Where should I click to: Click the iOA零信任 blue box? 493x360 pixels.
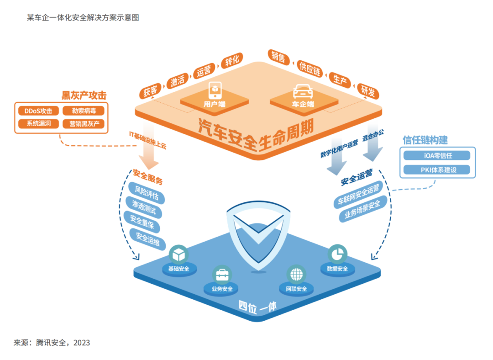click(437, 156)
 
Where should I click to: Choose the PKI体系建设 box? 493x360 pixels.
click(437, 170)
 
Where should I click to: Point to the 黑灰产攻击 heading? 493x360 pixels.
click(84, 95)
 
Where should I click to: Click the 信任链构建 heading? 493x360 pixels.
click(425, 139)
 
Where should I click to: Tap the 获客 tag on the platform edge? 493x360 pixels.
click(150, 90)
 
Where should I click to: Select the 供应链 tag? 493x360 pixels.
click(310, 69)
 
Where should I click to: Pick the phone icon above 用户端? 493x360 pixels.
click(215, 90)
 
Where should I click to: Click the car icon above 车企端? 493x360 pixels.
click(303, 90)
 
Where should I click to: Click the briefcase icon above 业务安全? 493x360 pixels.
click(222, 275)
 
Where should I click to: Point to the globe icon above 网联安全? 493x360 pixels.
click(296, 274)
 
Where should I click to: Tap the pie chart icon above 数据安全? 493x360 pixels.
click(337, 254)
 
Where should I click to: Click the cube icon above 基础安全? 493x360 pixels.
click(178, 254)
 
